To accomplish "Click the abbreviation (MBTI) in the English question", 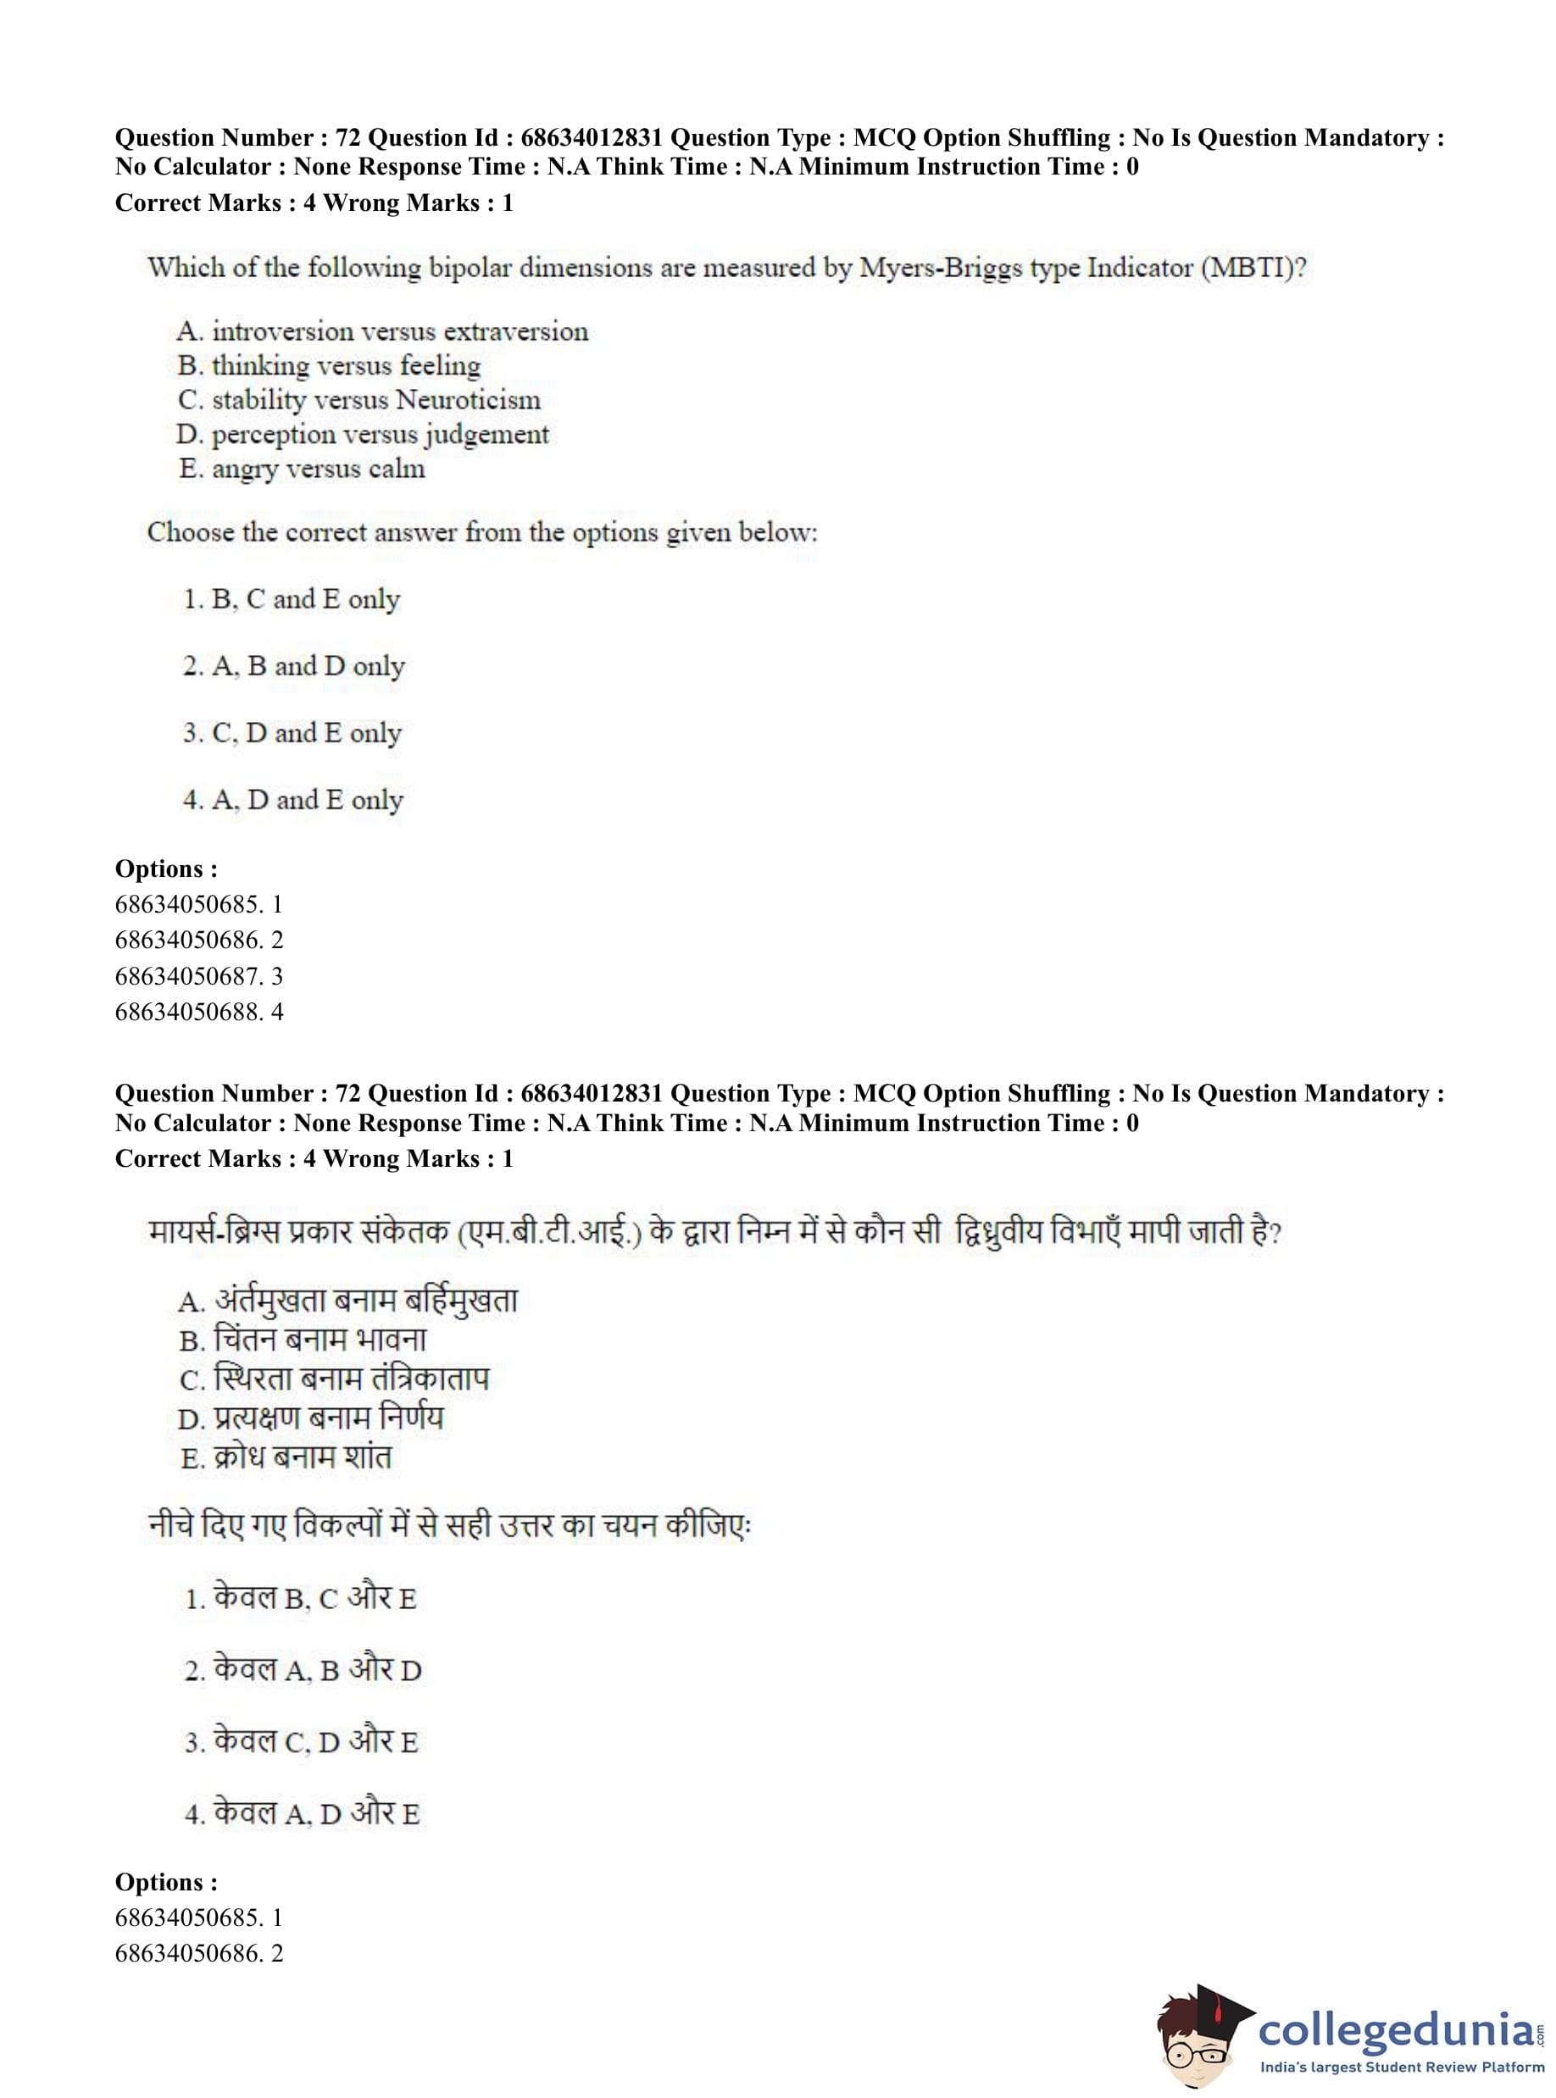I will coord(1253,269).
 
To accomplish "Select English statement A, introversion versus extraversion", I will coord(382,331).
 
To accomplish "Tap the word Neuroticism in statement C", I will coord(468,400).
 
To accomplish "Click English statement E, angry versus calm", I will coord(303,469).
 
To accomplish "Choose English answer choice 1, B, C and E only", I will coord(292,599).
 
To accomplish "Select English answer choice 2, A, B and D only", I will coord(294,666).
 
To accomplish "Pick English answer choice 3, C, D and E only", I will coord(292,733).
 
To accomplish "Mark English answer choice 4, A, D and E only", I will coord(293,800).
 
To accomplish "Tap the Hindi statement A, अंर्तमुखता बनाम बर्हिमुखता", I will coord(347,1302).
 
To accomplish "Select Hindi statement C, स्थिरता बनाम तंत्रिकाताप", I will coord(335,1379).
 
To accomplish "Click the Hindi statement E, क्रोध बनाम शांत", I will coord(286,1457).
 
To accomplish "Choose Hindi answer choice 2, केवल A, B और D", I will coord(303,1669).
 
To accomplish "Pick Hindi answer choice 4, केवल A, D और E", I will coord(303,1812).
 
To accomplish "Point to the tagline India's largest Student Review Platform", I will coord(1402,2069).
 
